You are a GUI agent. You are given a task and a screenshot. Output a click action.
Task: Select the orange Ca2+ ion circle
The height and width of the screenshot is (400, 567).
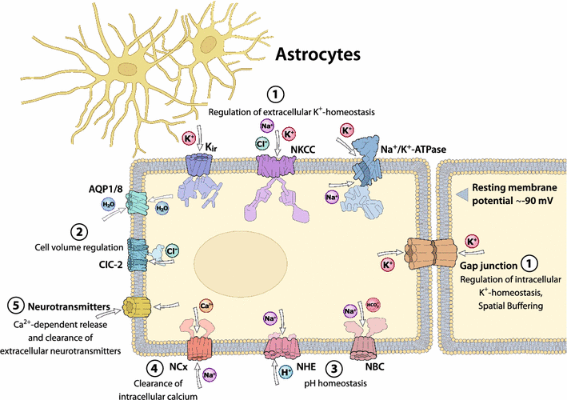pyautogui.click(x=205, y=305)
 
